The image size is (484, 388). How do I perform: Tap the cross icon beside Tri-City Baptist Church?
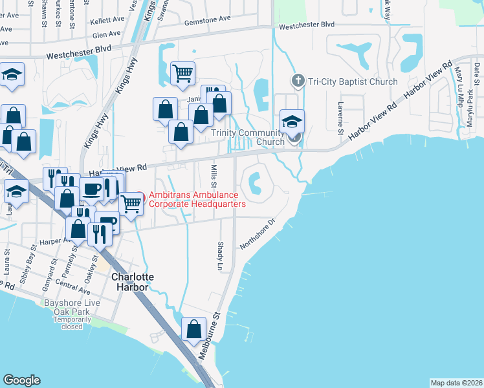point(297,81)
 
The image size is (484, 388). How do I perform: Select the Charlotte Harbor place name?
point(133,282)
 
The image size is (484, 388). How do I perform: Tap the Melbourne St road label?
point(213,330)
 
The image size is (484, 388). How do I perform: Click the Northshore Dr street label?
point(258,233)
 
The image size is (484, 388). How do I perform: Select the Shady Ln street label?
point(218,257)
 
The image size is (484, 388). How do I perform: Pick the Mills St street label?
point(214,177)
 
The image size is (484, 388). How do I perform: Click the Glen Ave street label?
point(107,34)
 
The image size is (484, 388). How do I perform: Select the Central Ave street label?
point(72,283)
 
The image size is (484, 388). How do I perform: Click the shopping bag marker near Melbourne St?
point(194,329)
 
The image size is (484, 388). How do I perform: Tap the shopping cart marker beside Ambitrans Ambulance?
point(131,204)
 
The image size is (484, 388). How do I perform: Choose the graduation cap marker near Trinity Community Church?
point(292,121)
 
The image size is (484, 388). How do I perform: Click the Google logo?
point(21,380)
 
